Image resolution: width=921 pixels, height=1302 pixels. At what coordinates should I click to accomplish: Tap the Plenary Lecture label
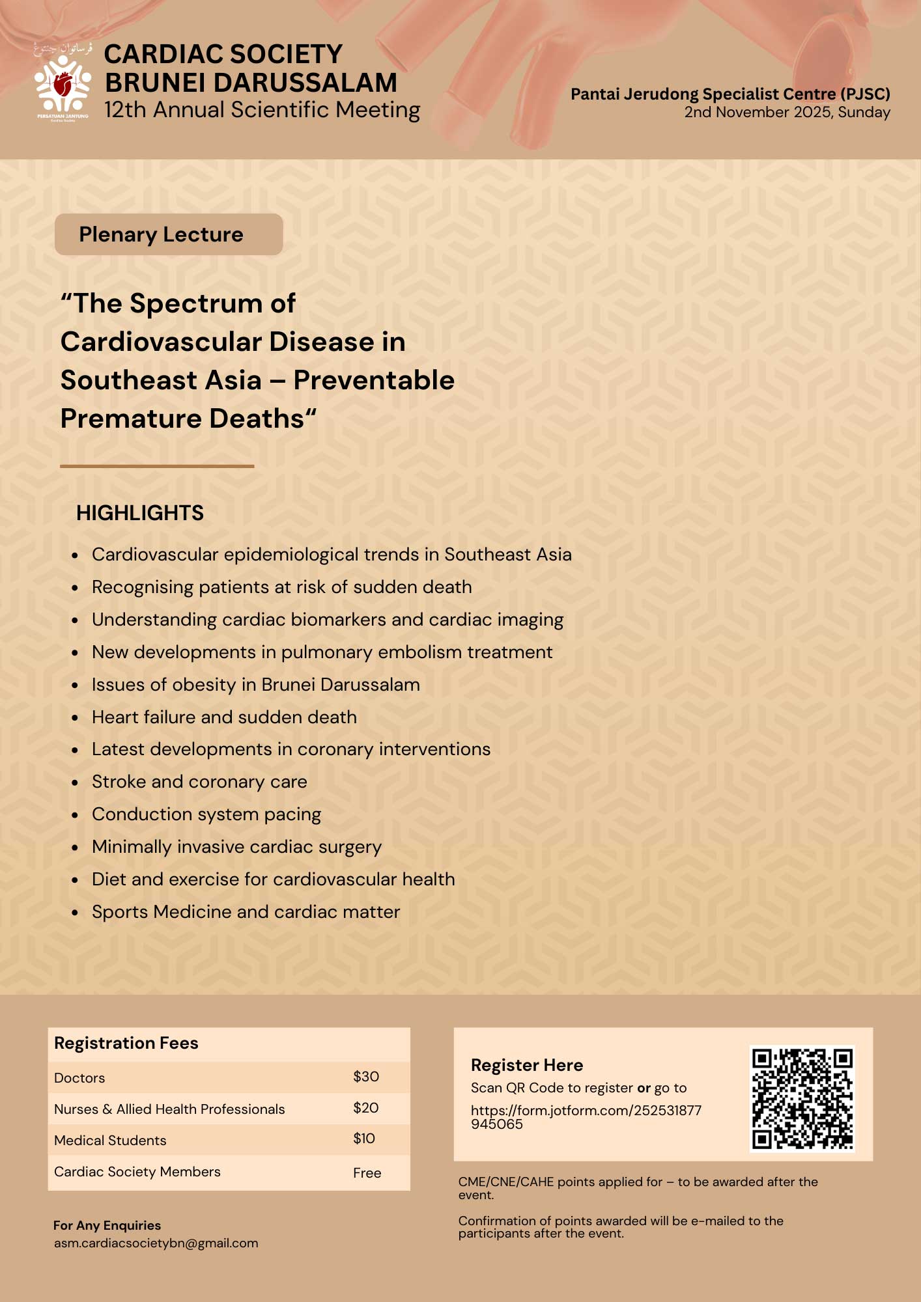pos(162,234)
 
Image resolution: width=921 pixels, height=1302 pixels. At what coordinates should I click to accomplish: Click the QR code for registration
pos(802,1098)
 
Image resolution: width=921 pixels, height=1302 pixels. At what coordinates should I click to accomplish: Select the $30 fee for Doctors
pos(366,1077)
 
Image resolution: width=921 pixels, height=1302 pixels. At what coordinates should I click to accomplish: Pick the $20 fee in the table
pos(366,1108)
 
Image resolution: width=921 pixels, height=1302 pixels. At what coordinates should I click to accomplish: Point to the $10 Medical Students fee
pos(364,1139)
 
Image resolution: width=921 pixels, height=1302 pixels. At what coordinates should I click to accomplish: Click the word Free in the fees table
pos(367,1173)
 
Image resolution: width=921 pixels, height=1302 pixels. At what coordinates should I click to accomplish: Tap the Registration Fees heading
pos(126,1043)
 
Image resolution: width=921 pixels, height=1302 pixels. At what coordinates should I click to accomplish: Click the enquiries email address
pos(156,1243)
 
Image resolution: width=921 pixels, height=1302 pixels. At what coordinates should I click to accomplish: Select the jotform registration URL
pos(586,1116)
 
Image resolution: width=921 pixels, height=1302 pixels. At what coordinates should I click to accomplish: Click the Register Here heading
pos(527,1065)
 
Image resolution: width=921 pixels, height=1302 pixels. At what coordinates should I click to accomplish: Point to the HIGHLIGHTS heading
pos(140,513)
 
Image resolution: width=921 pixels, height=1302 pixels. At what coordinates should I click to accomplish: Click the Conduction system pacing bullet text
pos(206,814)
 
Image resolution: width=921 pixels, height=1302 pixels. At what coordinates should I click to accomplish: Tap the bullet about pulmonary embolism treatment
pos(322,652)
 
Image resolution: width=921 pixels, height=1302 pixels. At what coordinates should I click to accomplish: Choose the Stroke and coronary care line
pos(199,782)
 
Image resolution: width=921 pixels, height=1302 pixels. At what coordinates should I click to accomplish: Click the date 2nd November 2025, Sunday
pos(787,112)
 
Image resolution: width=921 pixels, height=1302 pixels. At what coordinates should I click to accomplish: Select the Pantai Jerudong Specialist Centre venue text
pos(730,94)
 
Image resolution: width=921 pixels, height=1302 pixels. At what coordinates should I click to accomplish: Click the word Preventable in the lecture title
pos(374,380)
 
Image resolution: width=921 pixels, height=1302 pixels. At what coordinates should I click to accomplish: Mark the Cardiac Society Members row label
pos(137,1172)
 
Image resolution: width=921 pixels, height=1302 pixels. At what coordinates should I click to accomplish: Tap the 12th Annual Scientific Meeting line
pos(262,110)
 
